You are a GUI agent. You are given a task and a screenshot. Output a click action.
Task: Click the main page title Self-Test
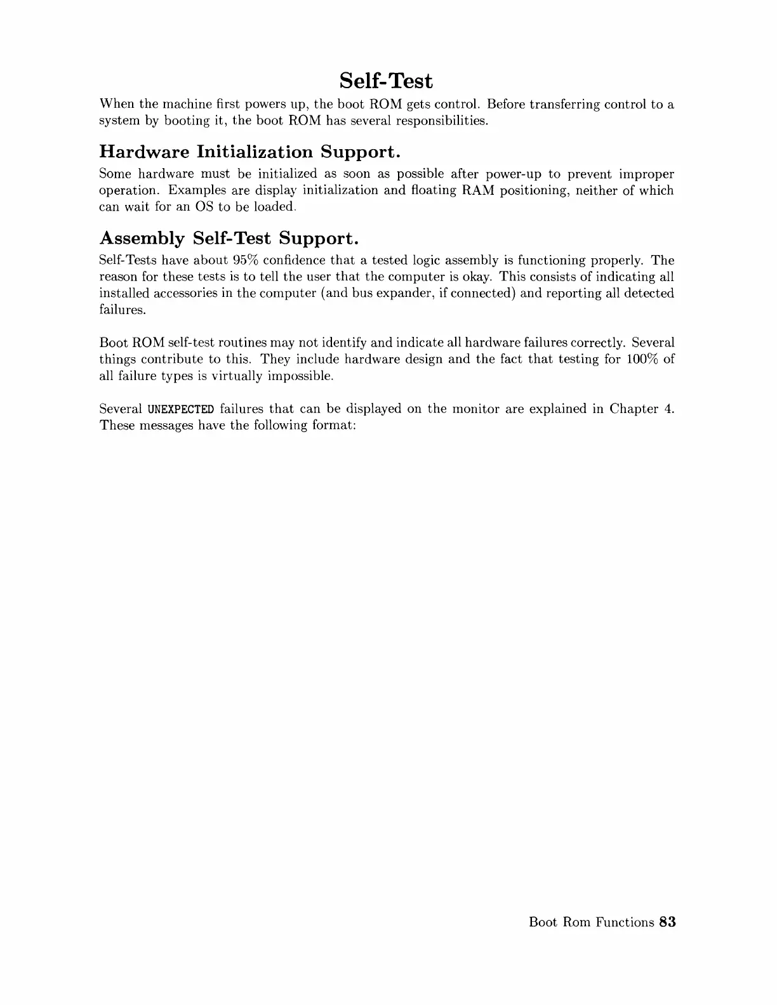coord(386,81)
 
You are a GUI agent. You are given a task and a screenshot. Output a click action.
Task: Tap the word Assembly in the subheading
coord(142,239)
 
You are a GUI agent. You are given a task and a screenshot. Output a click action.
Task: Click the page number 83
coord(667,922)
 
